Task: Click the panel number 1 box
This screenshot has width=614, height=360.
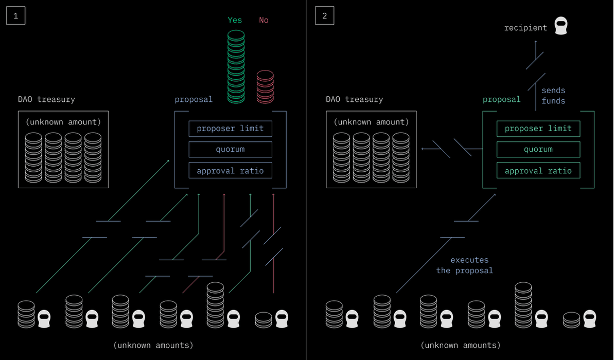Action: pyautogui.click(x=15, y=16)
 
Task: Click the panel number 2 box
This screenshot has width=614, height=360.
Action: pyautogui.click(x=324, y=16)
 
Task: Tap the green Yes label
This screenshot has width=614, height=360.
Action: pyautogui.click(x=235, y=20)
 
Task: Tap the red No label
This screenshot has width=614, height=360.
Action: pyautogui.click(x=264, y=20)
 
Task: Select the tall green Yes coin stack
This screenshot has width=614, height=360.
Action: pyautogui.click(x=236, y=67)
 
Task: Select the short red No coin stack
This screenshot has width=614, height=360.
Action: pyautogui.click(x=265, y=86)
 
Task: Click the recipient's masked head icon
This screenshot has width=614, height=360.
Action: pyautogui.click(x=561, y=26)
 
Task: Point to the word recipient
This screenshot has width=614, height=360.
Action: pyautogui.click(x=525, y=27)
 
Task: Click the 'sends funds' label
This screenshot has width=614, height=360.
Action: pyautogui.click(x=553, y=96)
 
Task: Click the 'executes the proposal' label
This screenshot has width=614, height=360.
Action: pyautogui.click(x=465, y=265)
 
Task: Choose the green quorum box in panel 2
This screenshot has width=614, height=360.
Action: pyautogui.click(x=538, y=150)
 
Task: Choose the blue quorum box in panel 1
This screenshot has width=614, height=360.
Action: pyautogui.click(x=230, y=150)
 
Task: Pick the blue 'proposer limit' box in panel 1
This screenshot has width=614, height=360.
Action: pyautogui.click(x=230, y=128)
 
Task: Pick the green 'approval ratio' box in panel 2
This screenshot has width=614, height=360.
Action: pyautogui.click(x=538, y=171)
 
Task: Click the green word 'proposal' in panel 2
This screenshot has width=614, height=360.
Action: pyautogui.click(x=501, y=99)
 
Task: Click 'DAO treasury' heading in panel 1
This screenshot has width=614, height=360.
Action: pyautogui.click(x=46, y=99)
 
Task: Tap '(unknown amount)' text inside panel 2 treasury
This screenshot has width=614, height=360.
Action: pyautogui.click(x=371, y=122)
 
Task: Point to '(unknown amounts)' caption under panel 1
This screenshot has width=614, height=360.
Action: pyautogui.click(x=153, y=345)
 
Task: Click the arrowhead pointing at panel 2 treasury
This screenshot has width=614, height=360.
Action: pyautogui.click(x=423, y=149)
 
